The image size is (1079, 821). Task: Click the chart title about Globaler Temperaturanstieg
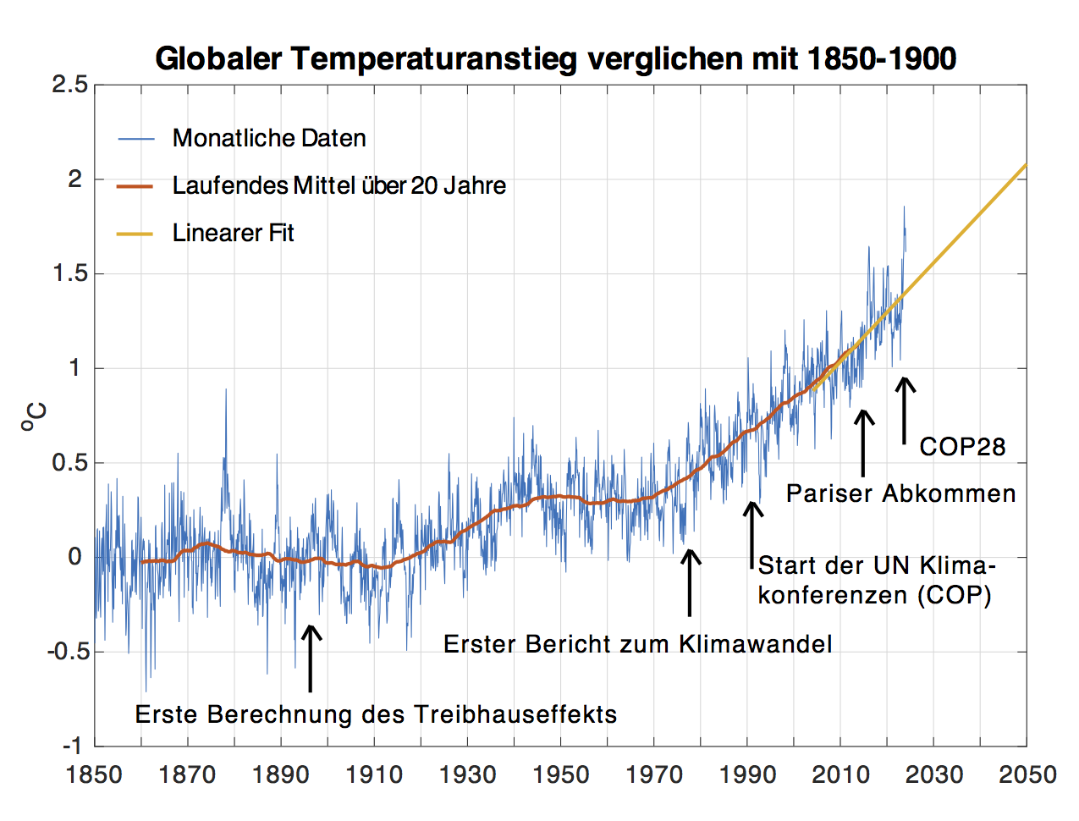click(x=556, y=59)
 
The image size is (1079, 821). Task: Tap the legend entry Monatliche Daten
click(x=269, y=138)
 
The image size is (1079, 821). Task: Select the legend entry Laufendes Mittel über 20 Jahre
click(x=339, y=185)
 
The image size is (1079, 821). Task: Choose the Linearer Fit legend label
click(x=233, y=233)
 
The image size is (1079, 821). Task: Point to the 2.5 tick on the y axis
click(x=69, y=85)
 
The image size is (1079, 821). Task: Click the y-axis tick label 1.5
click(x=69, y=273)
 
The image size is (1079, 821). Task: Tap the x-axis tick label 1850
click(x=94, y=774)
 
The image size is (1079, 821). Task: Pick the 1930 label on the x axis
click(x=467, y=774)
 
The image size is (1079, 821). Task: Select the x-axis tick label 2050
click(x=1027, y=774)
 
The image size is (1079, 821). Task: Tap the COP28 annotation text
click(x=962, y=447)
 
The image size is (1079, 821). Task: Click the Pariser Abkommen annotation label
click(x=900, y=493)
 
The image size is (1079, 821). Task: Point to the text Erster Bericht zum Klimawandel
click(x=637, y=644)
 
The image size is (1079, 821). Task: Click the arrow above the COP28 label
click(x=905, y=410)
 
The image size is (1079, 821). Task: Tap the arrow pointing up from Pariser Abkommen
click(x=863, y=442)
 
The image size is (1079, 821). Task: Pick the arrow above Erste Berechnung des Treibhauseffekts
click(x=311, y=658)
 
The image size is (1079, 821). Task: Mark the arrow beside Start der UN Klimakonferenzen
click(x=751, y=534)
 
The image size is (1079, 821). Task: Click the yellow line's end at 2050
click(x=1025, y=165)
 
